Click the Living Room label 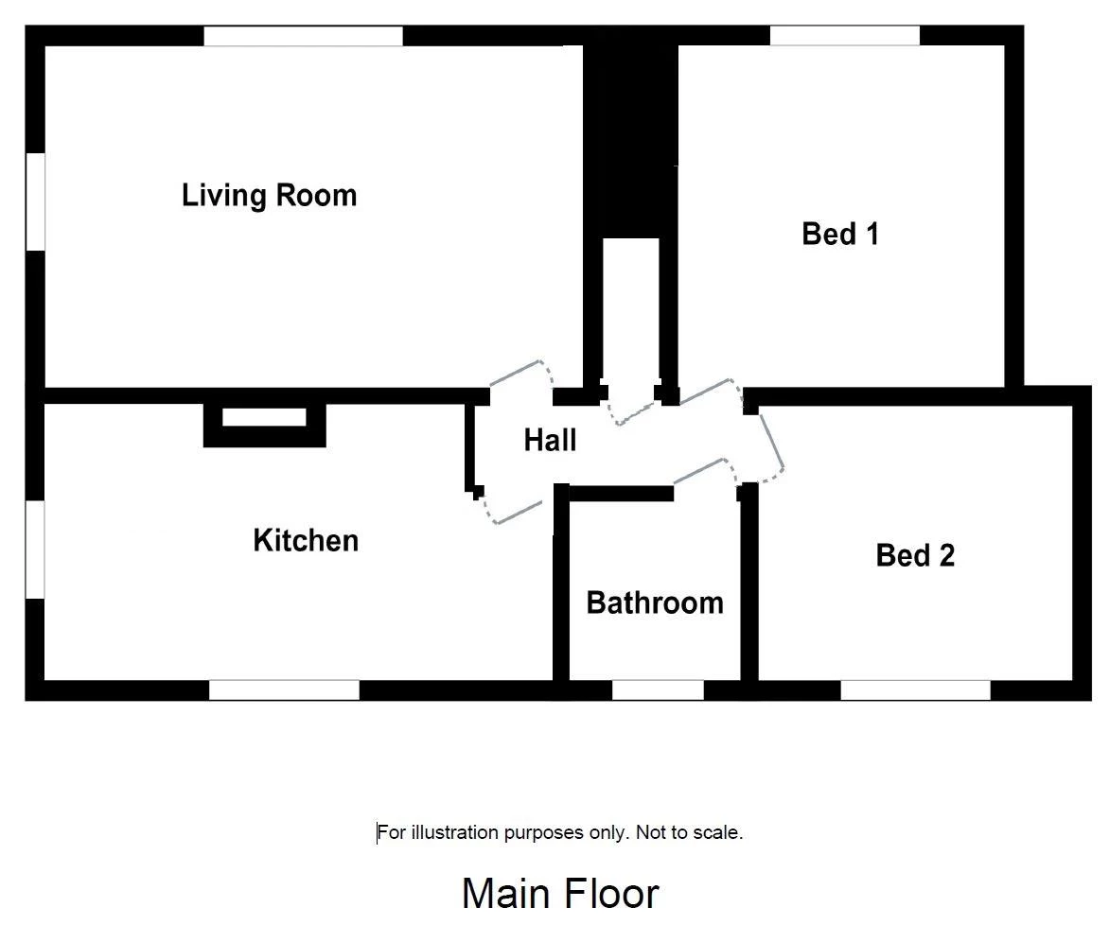270,196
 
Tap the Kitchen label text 306,541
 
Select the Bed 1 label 840,234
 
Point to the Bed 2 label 915,556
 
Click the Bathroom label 655,603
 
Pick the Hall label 551,440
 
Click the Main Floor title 560,893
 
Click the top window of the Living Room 304,36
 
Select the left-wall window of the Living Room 35,201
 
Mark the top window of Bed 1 844,35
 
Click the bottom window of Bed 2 915,690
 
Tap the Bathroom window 658,690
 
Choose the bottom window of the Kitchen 284,690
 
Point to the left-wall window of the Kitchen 35,550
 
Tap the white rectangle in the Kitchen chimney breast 265,417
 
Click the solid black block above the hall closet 630,134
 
